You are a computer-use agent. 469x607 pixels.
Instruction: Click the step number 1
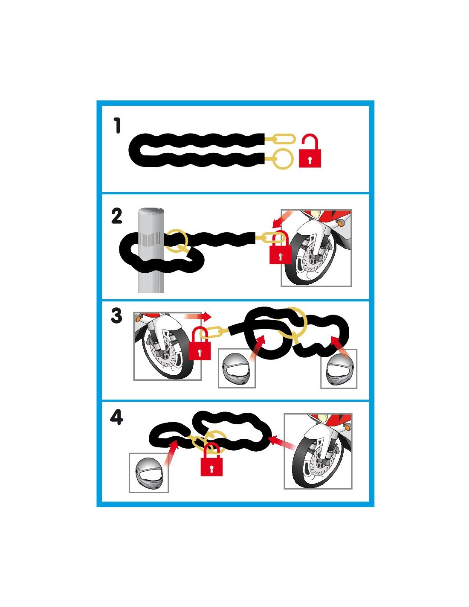[117, 125]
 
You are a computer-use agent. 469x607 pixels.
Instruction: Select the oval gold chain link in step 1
[284, 139]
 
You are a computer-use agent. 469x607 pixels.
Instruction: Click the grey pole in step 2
[151, 251]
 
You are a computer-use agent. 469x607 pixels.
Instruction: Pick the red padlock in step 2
[280, 248]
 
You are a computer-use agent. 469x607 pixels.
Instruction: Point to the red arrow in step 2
[282, 219]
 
